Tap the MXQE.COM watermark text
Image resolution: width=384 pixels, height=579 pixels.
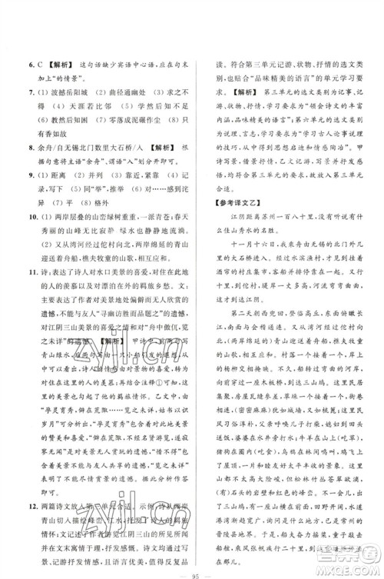tap(350, 568)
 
